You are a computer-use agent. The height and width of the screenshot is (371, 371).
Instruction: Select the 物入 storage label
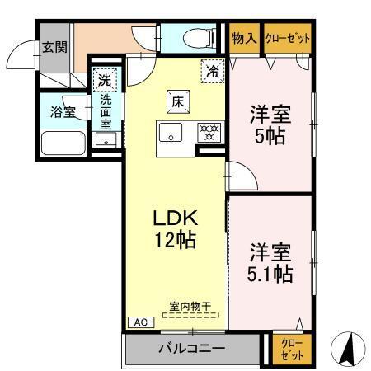pyautogui.click(x=243, y=37)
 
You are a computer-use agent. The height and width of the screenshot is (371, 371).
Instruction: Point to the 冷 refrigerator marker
pyautogui.click(x=212, y=71)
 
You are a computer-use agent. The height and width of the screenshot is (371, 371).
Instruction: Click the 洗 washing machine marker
pyautogui.click(x=105, y=80)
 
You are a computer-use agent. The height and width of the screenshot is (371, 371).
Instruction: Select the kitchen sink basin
pyautogui.click(x=172, y=131)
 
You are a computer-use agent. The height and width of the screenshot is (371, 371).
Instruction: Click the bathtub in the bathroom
pyautogui.click(x=63, y=146)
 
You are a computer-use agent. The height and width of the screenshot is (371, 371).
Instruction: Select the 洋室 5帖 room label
pyautogui.click(x=269, y=124)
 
